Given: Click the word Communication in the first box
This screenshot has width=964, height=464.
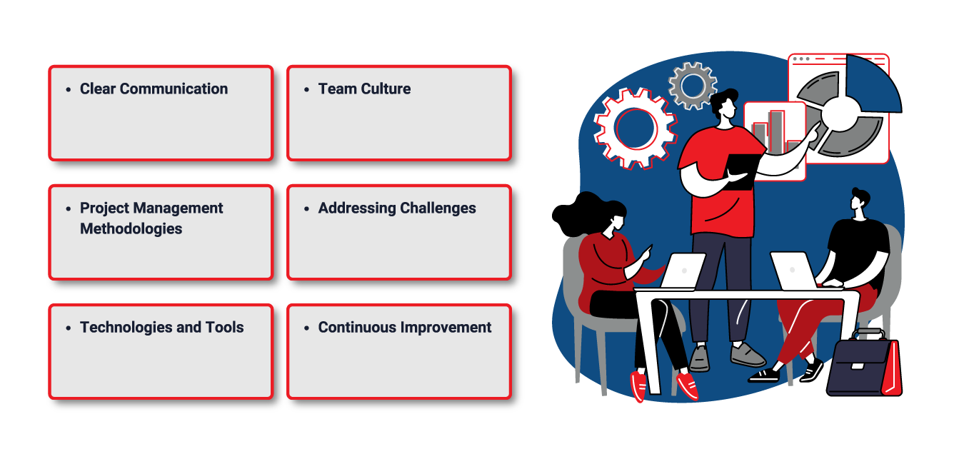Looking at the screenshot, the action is tap(174, 89).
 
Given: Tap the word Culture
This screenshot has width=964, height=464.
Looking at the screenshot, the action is tap(386, 89).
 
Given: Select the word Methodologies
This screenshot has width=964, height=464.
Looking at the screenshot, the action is tap(131, 228).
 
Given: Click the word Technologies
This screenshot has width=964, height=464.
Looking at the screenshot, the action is tap(126, 327).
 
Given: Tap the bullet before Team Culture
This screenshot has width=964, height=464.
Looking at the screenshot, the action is tap(306, 89).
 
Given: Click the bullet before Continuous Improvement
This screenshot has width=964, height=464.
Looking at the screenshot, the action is tap(306, 328).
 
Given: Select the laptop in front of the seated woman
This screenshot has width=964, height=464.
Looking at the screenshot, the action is tap(683, 271).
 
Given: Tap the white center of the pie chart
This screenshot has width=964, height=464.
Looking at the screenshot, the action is tap(841, 114).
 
